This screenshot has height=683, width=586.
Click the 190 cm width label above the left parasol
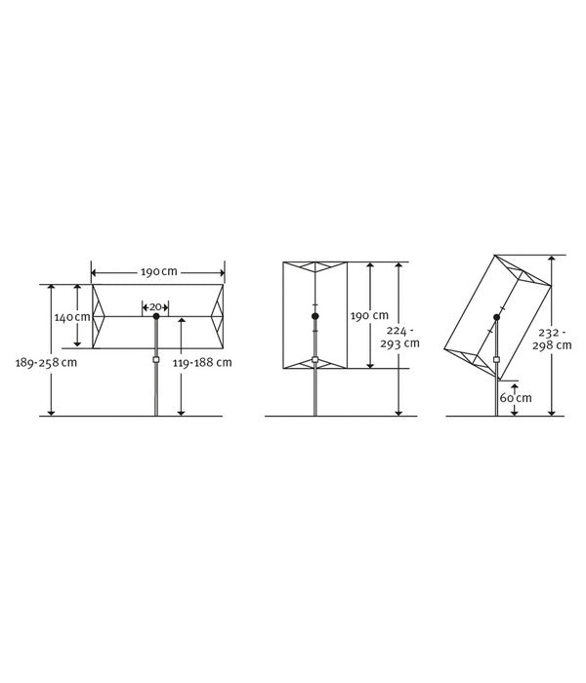click(158, 272)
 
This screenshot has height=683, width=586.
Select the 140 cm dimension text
click(72, 317)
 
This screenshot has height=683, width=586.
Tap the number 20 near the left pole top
click(155, 307)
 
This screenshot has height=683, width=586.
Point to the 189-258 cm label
click(46, 362)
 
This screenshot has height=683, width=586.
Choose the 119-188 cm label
click(202, 362)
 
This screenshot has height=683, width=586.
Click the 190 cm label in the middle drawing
click(370, 315)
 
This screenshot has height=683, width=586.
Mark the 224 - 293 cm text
click(399, 338)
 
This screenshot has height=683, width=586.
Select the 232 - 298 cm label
click(552, 340)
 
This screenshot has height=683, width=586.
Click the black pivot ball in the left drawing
click(156, 316)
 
